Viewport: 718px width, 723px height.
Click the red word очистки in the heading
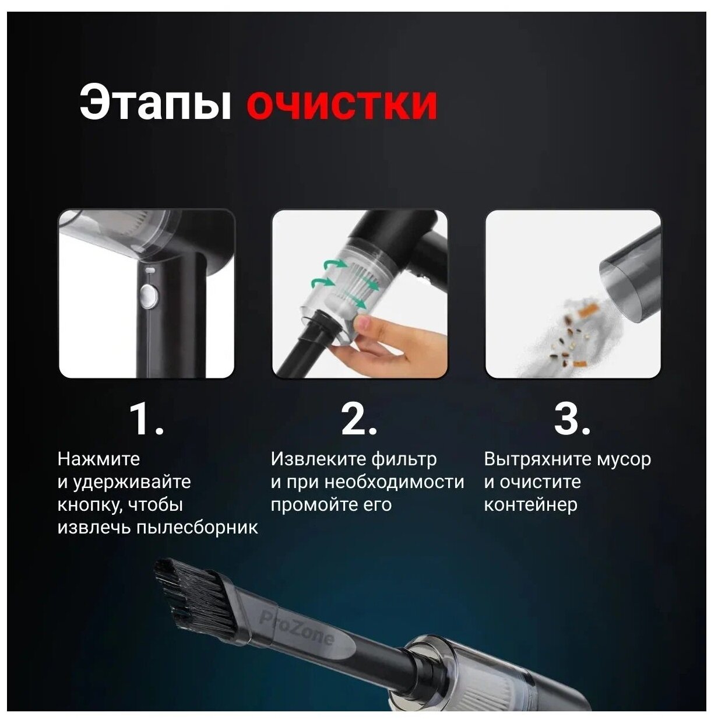342,105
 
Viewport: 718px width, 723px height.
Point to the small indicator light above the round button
150,270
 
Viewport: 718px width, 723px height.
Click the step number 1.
146,419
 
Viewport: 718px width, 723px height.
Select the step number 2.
359,419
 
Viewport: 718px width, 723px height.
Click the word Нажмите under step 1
98,459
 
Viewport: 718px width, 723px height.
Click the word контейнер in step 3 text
530,505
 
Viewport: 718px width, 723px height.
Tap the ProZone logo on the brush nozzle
296,633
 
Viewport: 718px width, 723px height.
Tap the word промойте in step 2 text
313,505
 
